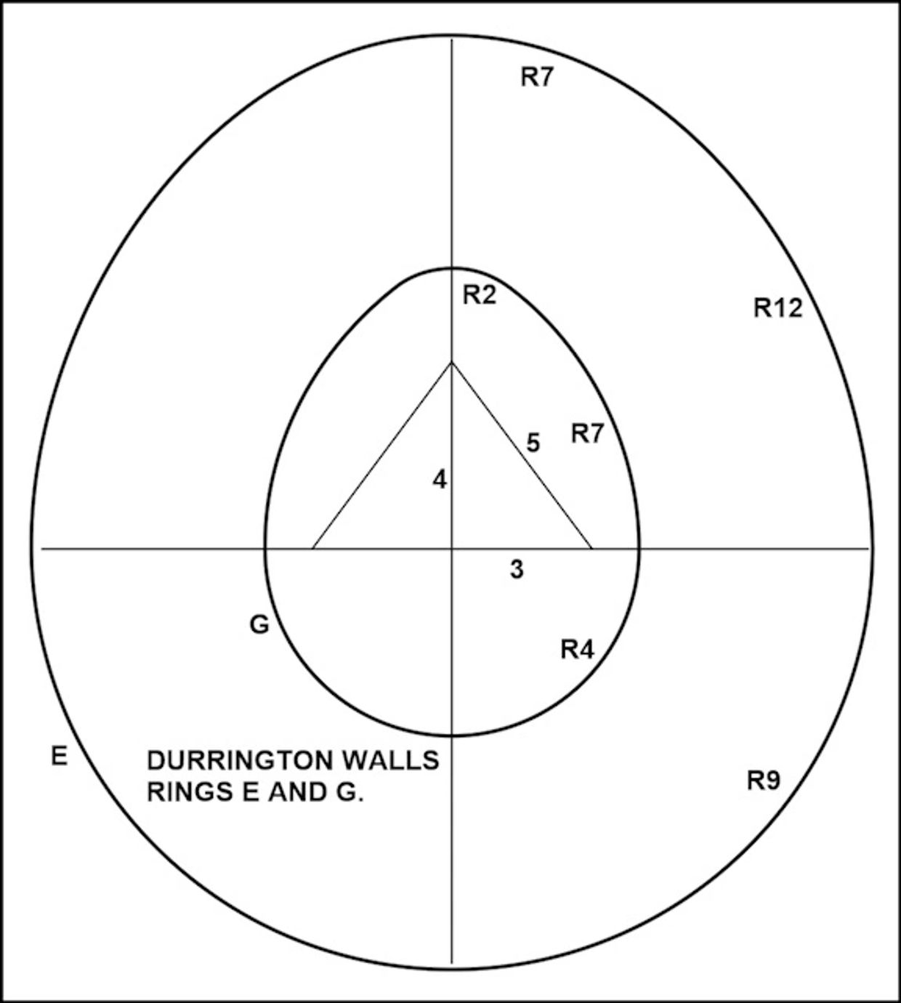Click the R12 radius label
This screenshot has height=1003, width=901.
tap(777, 308)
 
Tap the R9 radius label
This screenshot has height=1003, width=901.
tap(763, 781)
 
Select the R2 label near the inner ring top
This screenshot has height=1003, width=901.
tap(479, 295)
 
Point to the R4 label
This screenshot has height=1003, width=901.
tap(577, 649)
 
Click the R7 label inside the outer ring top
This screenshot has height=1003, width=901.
tap(537, 77)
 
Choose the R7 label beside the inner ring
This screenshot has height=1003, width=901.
tap(587, 434)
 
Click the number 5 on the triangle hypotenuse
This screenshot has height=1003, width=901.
tap(533, 443)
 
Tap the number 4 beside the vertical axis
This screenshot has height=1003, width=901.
tap(440, 480)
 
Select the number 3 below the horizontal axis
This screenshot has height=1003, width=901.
tap(517, 569)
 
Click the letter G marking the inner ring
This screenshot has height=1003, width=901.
tap(259, 624)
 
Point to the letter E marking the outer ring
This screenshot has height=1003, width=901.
tap(59, 757)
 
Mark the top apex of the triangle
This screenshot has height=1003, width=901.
tap(451, 363)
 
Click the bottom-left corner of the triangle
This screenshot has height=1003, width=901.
tap(313, 549)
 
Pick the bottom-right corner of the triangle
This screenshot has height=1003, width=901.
tap(592, 549)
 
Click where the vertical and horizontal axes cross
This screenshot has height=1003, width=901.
tap(451, 549)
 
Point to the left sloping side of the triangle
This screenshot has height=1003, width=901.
tap(382, 456)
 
